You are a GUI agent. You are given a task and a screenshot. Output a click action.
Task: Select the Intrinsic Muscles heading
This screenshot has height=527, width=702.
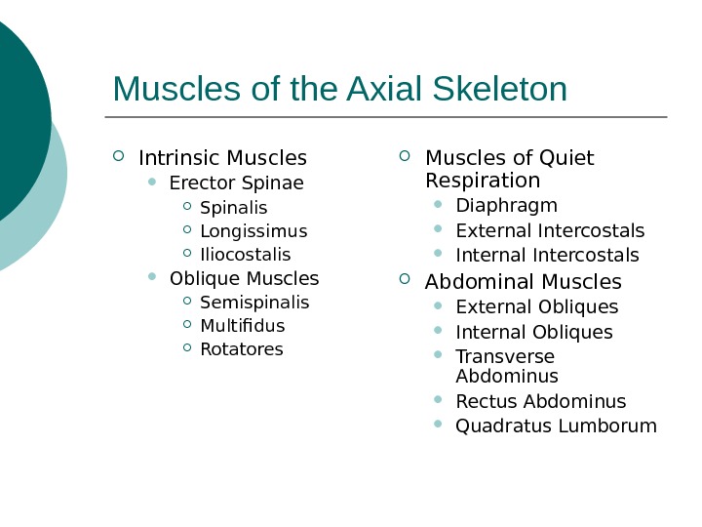pos(222,158)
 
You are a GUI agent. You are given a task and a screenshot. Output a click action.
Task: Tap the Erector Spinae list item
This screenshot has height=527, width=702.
pos(236,183)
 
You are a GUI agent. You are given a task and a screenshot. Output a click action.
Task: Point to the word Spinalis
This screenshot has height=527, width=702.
pos(233,208)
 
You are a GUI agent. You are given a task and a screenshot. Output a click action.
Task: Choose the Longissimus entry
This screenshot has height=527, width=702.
pos(253,231)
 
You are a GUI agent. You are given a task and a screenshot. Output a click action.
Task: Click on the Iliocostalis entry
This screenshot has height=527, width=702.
pos(245,255)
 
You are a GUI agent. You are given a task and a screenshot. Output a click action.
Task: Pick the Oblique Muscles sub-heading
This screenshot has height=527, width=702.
pos(244,279)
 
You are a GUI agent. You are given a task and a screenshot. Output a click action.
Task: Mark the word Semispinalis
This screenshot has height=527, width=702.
pos(253,303)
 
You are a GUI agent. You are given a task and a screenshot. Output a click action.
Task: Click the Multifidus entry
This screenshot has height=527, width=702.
pos(242,326)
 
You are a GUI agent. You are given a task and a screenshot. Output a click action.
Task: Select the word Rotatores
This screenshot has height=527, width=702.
pos(241,349)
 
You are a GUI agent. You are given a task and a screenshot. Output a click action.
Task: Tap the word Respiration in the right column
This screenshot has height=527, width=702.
pos(483,182)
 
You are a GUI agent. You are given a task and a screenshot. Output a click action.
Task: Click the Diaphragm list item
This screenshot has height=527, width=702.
pos(506,206)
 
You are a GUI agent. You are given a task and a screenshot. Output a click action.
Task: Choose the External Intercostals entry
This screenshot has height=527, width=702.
pos(550,231)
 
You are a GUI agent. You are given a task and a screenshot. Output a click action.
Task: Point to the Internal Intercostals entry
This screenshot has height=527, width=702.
pos(547,256)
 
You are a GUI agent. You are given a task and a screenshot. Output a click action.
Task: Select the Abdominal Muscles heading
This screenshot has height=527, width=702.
pos(523,282)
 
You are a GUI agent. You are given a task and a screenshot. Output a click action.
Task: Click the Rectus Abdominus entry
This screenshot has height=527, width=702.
pos(540,402)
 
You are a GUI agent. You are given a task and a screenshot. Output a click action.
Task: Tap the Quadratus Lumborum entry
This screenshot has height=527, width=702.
pos(556,426)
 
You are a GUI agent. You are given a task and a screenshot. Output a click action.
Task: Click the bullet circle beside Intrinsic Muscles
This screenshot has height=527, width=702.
pos(119,156)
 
